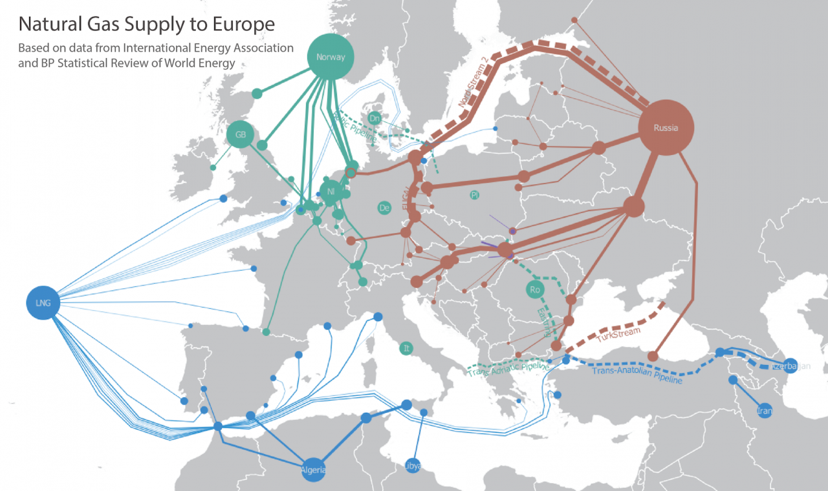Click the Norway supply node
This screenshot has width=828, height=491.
pos(331,57)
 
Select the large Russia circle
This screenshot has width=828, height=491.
pos(666,128)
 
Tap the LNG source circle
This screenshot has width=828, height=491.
pos(43,302)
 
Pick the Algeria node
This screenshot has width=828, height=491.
pos(312,470)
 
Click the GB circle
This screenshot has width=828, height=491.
pos(241,135)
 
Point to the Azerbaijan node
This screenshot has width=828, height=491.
pos(790,366)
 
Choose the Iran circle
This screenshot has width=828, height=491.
pos(765,410)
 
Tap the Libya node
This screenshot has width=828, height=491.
pos(413,465)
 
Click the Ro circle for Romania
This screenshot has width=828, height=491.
pos(534,290)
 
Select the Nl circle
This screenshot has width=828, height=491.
pos(331,191)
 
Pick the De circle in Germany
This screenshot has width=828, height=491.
pos(385,207)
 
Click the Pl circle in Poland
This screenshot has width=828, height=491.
pos(475,194)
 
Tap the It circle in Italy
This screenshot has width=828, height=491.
pos(406,348)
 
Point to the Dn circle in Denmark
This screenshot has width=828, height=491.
pos(374,118)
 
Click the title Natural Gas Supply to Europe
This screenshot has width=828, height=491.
pos(146,25)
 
